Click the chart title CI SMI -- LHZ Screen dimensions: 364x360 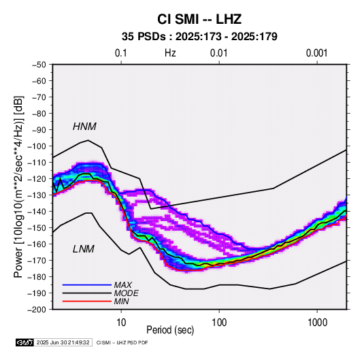click(199, 19)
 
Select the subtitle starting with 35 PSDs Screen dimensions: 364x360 click(199, 37)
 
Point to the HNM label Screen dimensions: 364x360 click(84, 127)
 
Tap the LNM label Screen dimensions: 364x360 click(84, 249)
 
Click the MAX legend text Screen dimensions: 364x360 click(122, 285)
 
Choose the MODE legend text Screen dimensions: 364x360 click(126, 293)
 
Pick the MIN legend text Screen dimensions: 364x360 click(121, 301)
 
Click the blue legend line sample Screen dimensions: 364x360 click(87, 285)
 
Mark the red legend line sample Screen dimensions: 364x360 click(87, 301)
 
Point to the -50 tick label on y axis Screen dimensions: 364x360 click(39, 65)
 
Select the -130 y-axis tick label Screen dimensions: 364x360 click(37, 195)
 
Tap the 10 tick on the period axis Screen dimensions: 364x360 click(121, 323)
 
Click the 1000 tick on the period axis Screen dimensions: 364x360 click(317, 323)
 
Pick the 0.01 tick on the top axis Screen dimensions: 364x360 click(219, 53)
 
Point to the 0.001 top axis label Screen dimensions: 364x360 click(316, 53)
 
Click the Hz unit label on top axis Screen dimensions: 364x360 click(170, 53)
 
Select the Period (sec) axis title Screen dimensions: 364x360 click(170, 330)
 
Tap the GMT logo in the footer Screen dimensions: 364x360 click(25, 342)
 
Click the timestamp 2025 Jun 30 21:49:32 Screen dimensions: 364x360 click(63, 342)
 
